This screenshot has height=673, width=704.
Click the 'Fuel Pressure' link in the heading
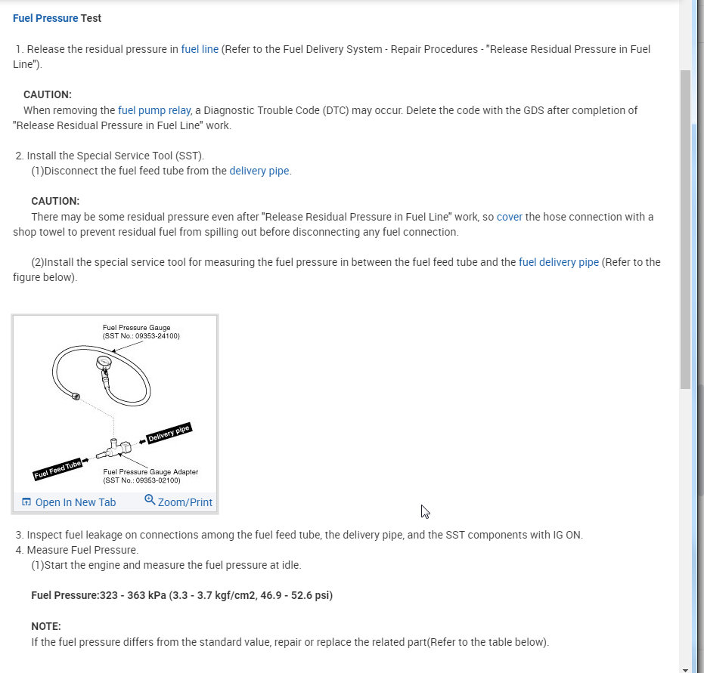[45, 18]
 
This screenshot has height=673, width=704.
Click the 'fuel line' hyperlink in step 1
[200, 50]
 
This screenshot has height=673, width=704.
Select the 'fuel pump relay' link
[154, 110]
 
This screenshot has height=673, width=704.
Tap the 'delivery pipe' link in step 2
[259, 171]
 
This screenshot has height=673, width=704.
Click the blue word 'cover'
[510, 217]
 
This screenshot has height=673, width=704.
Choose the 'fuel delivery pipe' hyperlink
[559, 262]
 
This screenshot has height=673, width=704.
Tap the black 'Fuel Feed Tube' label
[57, 469]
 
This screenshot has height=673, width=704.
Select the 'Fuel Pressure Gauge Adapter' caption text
[150, 472]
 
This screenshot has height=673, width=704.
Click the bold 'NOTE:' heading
[46, 626]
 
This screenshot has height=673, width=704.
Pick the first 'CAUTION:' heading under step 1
[48, 95]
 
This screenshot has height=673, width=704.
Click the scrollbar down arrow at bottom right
[685, 668]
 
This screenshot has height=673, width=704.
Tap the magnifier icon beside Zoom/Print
[150, 500]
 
